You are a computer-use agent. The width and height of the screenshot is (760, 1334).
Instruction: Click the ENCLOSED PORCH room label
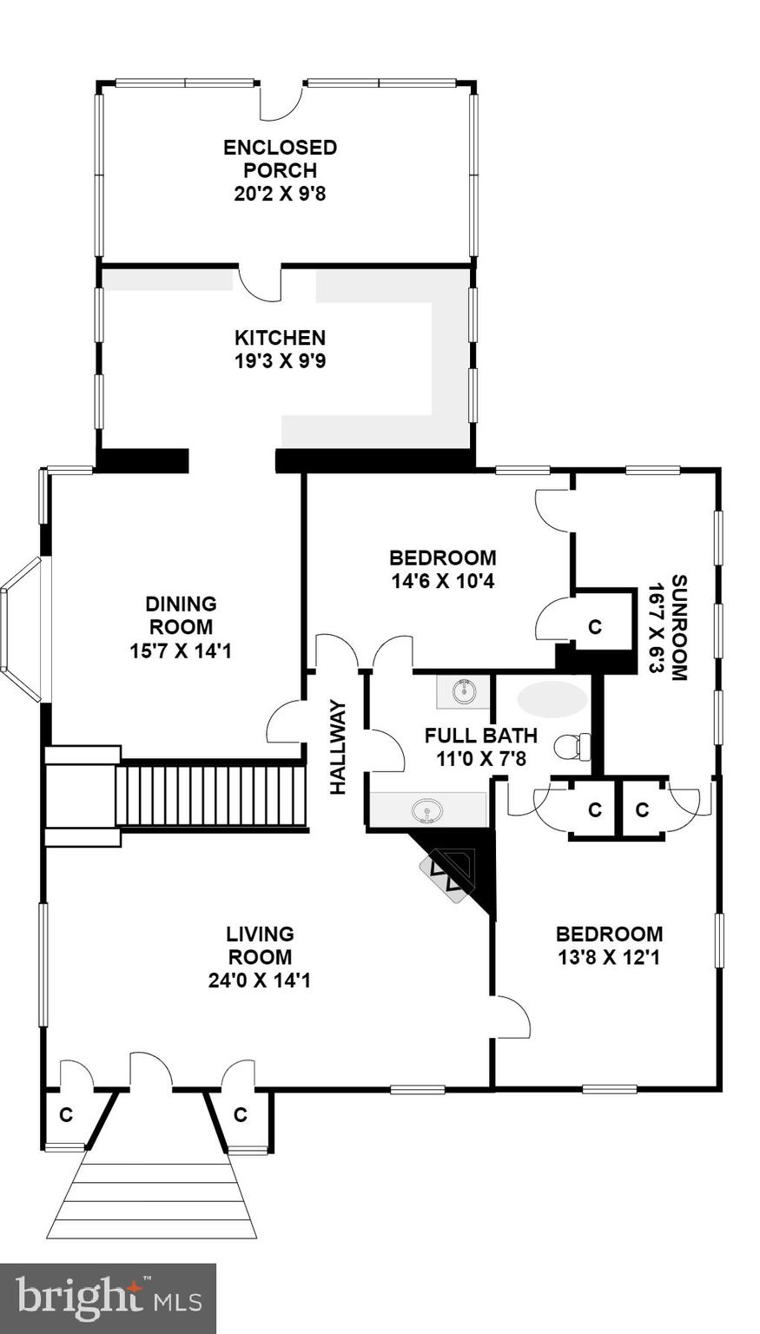pos(280,159)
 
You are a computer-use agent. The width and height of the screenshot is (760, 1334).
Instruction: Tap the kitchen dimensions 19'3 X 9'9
pos(280,360)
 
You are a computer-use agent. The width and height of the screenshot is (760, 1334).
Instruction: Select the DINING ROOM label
pos(181,615)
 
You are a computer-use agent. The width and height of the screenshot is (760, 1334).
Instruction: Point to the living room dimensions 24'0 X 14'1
pos(260,981)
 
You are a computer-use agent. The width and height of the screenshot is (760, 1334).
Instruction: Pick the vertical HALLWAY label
pos(338,747)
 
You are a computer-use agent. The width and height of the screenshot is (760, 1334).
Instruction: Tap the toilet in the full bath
pos(574,745)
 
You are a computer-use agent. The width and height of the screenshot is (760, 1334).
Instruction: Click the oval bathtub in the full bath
pos(552,699)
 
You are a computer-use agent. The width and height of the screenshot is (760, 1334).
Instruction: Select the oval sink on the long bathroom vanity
pos(427,812)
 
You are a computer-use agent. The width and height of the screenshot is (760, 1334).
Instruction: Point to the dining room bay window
pos(22,629)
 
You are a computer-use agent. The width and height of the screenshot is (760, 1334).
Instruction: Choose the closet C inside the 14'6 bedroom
pos(595,626)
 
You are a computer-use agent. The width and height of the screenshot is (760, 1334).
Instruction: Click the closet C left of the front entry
pos(66,1114)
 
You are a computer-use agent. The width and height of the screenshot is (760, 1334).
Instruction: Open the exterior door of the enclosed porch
pos(281,102)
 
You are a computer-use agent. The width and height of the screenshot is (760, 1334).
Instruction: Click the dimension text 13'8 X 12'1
pos(609,958)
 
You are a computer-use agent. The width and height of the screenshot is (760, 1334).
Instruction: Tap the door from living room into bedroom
pos(512,1017)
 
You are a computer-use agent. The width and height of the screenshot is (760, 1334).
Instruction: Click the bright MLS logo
pos(108,1298)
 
